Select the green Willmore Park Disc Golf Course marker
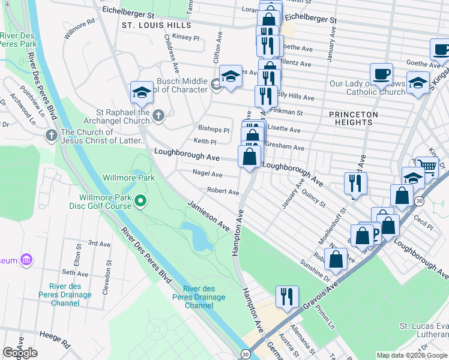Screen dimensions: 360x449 pos(140,200)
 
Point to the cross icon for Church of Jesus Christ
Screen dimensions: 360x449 pos(51,136)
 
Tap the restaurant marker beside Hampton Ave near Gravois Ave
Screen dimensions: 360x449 pos(287,296)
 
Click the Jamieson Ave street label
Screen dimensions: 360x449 pos(208,217)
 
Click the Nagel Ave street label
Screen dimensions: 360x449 pos(208,174)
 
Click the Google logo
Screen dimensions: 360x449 pos(20,353)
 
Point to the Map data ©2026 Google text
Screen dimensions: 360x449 pos(412,355)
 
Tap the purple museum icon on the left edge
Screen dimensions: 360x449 pos(26,260)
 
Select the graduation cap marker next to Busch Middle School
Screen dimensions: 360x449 pos(231,76)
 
